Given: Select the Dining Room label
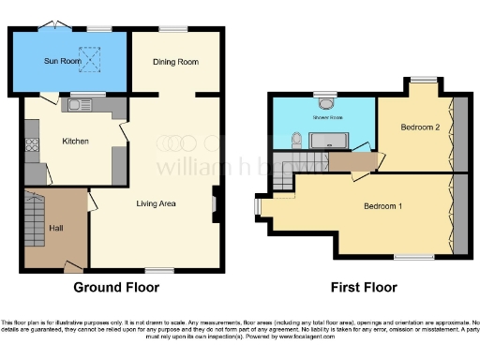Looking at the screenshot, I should tap(176, 62).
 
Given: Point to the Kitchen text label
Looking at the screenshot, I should tap(75, 142).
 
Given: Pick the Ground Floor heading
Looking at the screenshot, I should tap(115, 287).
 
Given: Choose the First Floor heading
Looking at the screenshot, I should tap(364, 287).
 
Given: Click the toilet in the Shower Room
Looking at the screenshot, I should tap(295, 142).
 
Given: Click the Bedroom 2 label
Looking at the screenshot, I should tap(420, 127).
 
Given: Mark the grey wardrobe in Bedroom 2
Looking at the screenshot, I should tap(459, 131).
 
